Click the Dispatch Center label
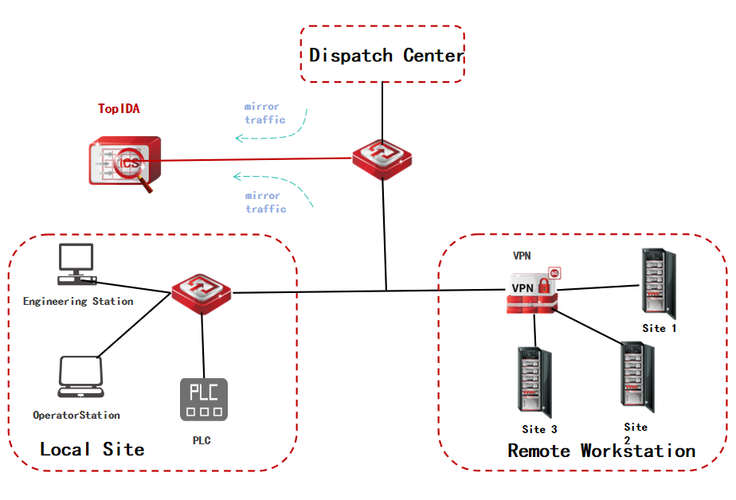(386, 56)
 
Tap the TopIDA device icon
(124, 162)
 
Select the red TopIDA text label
(119, 109)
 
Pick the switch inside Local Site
(202, 292)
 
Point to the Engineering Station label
(78, 302)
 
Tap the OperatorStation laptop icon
(80, 377)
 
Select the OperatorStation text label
(76, 415)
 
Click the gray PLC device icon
(203, 399)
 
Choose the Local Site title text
(92, 449)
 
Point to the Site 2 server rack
(635, 377)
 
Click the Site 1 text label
(659, 327)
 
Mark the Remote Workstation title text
(601, 451)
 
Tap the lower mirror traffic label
(265, 202)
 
